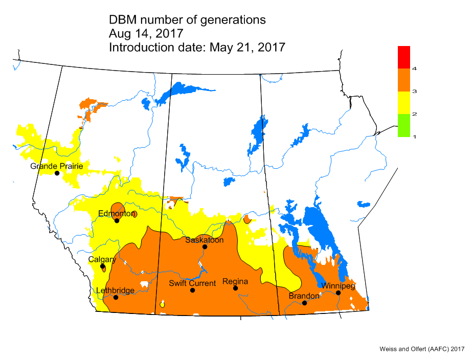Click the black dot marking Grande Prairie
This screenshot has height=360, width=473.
(57, 173)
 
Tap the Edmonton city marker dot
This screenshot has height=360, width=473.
(117, 221)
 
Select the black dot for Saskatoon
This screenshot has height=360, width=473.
(205, 247)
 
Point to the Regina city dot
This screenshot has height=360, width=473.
(236, 288)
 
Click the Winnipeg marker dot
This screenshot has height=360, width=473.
(338, 292)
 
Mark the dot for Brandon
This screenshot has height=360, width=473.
(304, 303)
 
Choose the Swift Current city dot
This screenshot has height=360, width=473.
(193, 290)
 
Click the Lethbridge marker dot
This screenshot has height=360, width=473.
(116, 297)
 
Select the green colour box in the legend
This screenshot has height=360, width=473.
(404, 125)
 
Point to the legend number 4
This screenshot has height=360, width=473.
(414, 68)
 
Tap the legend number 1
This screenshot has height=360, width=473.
(414, 137)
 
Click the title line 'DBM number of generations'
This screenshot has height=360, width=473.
(187, 20)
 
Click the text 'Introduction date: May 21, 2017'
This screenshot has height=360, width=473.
(197, 47)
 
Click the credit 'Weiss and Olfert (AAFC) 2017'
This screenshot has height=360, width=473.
(421, 349)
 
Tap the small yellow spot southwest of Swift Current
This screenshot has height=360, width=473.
(162, 304)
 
